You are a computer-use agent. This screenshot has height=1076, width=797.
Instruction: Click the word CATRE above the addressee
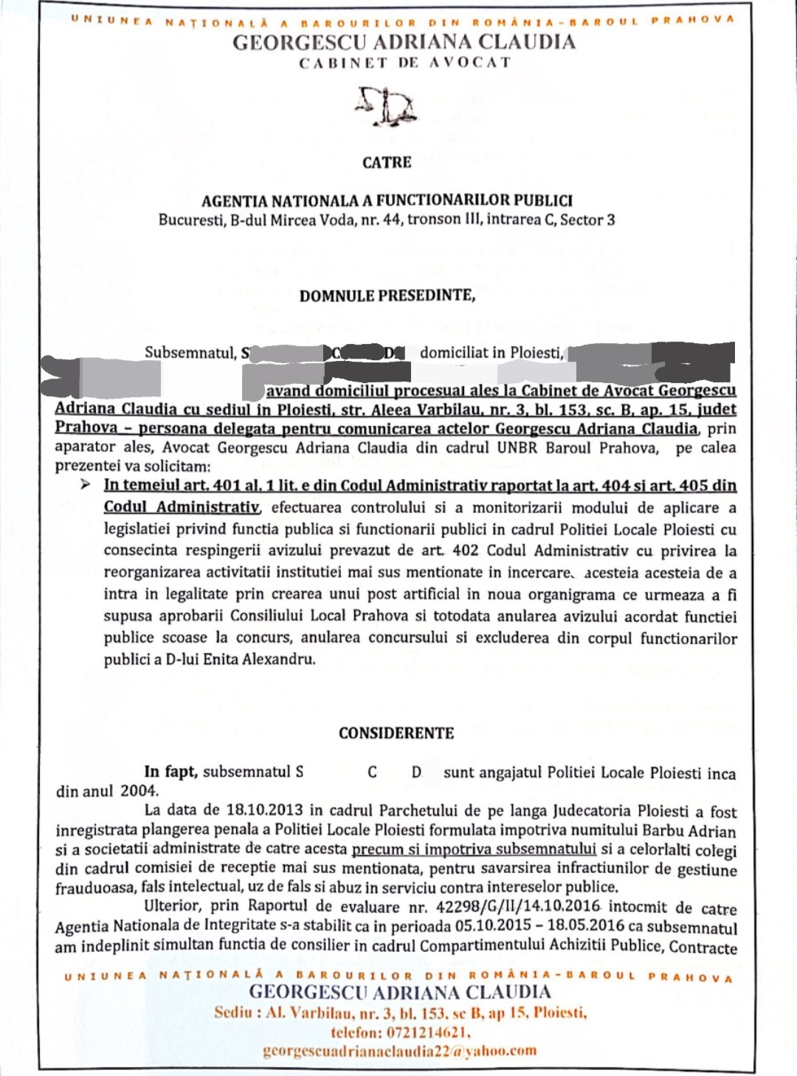[387, 162]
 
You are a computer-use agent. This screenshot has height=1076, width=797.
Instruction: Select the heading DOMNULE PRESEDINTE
[387, 296]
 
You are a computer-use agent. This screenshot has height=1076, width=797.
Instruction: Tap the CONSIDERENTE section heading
[396, 734]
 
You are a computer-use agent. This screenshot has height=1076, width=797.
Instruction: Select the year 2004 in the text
[139, 791]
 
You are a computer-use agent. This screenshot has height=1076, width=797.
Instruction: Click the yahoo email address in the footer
[399, 1051]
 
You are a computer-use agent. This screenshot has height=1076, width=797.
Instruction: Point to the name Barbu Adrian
[691, 831]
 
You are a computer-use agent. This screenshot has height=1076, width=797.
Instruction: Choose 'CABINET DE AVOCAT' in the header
[404, 63]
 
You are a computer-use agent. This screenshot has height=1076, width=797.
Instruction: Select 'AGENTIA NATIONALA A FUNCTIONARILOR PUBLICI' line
[387, 200]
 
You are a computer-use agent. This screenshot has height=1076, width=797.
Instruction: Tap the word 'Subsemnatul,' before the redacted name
[190, 353]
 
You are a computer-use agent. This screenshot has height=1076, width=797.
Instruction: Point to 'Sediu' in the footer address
[233, 1013]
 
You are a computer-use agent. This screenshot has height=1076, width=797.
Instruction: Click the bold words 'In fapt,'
[170, 772]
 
